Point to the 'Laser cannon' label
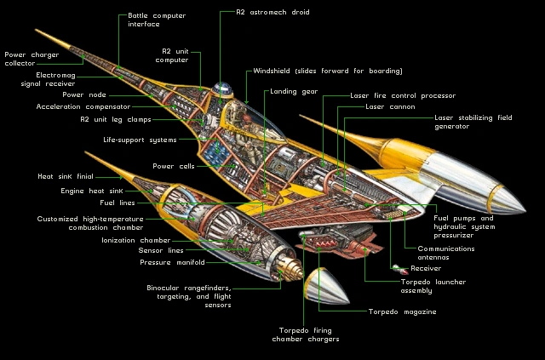[x=390, y=107]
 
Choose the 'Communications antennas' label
[x=450, y=253]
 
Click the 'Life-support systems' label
[x=140, y=139]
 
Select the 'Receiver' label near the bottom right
[x=426, y=268]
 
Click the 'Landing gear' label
[x=294, y=91]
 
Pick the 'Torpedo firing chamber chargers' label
[x=308, y=334]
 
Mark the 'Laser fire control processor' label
[x=403, y=96]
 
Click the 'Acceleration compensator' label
[x=83, y=107]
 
